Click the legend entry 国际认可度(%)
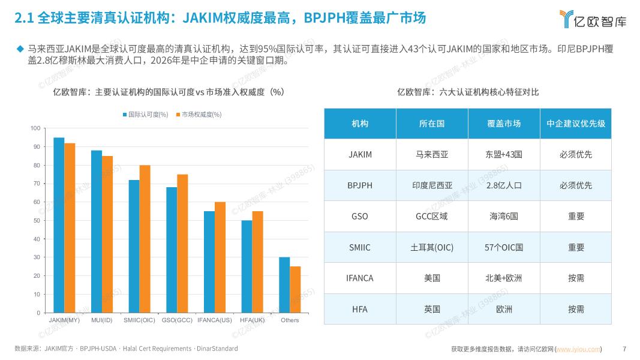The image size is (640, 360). [x=145, y=115]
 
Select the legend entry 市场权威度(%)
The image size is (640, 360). [x=198, y=115]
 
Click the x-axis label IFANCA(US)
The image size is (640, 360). [x=215, y=320]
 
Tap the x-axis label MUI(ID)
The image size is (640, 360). [x=102, y=320]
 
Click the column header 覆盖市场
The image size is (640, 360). [x=504, y=124]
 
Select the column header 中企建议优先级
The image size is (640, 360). [x=576, y=124]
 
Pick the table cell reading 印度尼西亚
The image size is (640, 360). [x=432, y=185]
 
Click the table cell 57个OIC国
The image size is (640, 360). [x=504, y=247]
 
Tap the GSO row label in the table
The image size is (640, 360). [x=360, y=216]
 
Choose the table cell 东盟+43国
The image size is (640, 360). [x=504, y=154]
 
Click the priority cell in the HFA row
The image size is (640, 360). [x=576, y=309]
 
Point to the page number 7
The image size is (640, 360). [x=624, y=349]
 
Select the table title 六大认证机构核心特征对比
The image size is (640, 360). [x=468, y=92]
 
